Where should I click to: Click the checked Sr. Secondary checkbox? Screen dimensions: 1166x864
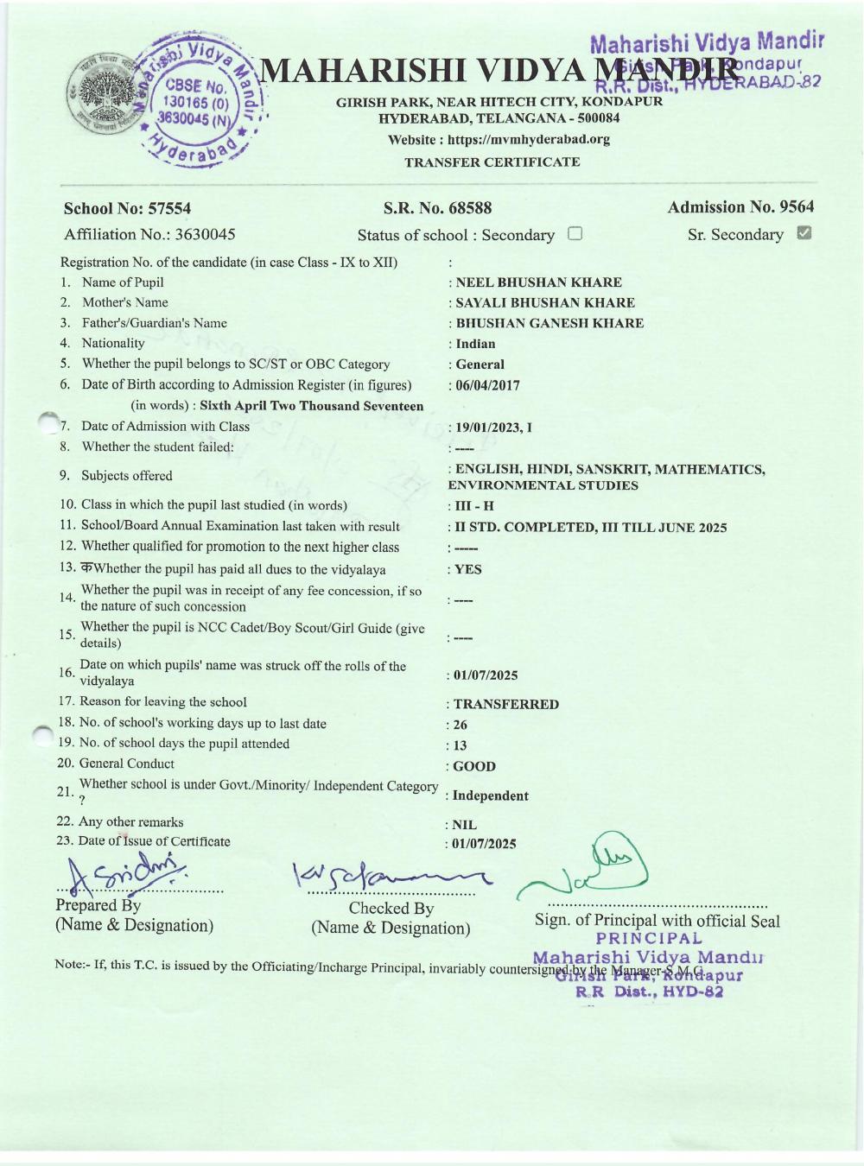(804, 232)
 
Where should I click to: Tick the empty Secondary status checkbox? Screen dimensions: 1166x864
(575, 233)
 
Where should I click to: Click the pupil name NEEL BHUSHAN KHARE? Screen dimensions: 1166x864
(538, 282)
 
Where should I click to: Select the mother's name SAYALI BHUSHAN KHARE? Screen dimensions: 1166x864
(545, 302)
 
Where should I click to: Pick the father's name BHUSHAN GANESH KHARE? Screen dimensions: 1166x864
(550, 323)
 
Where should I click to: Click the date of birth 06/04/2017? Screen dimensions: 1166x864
(487, 385)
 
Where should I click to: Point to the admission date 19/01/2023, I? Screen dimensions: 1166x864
(493, 427)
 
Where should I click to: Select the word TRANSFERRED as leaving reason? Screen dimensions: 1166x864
(506, 704)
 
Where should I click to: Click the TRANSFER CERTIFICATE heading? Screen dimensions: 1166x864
(492, 162)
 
